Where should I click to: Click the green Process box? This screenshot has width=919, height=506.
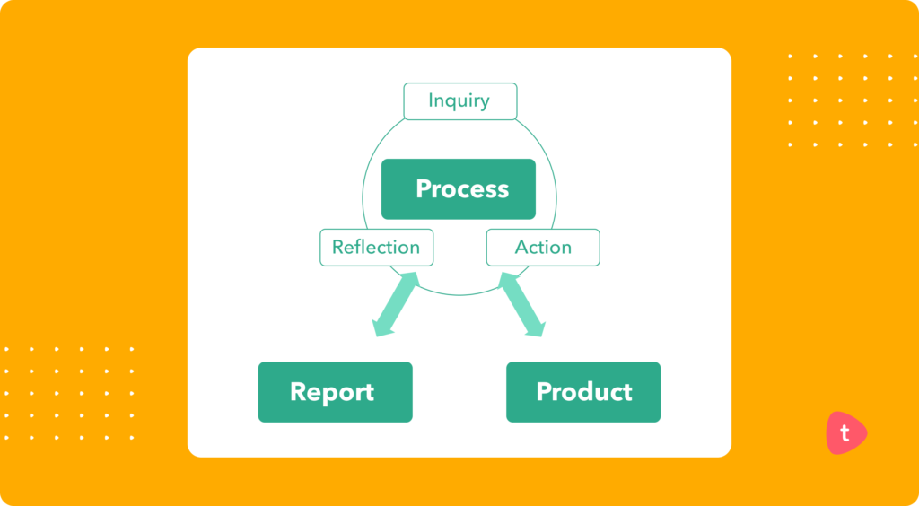[x=458, y=189]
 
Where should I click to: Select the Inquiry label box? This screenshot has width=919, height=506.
[x=459, y=101]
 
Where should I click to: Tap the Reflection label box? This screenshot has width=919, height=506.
[x=376, y=248]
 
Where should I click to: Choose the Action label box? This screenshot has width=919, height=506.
[x=543, y=248]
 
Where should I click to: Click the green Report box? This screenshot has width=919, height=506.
[x=335, y=392]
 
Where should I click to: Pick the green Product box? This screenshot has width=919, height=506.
[x=583, y=392]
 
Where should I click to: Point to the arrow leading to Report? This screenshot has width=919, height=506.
[x=398, y=305]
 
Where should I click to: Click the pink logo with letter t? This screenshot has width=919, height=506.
[x=845, y=433]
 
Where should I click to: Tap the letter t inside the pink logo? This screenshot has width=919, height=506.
[x=844, y=433]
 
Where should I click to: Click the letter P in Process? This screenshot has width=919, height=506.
[x=424, y=189]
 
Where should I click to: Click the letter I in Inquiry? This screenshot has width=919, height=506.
[x=431, y=100]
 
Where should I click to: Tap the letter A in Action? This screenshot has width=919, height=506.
[x=521, y=248]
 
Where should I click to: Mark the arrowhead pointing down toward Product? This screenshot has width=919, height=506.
[x=535, y=329]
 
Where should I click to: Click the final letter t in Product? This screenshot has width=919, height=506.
[x=627, y=392]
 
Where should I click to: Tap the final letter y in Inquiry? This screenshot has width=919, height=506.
[x=485, y=103]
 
